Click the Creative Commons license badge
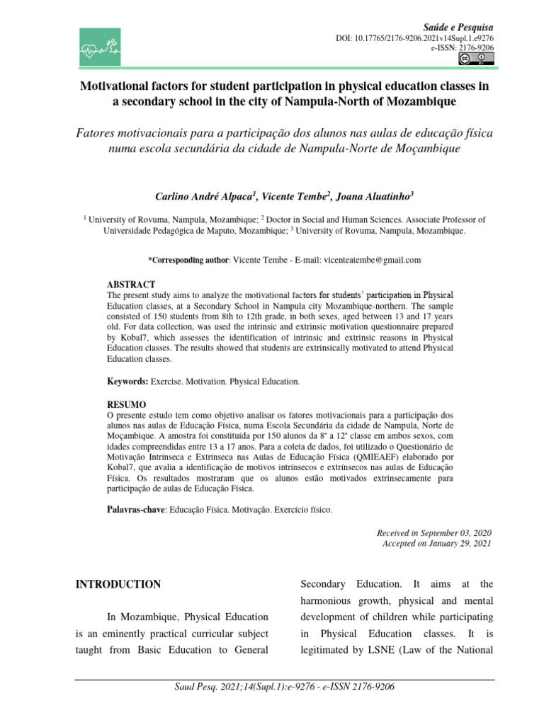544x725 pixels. tap(474, 59)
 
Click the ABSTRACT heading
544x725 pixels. tap(130, 284)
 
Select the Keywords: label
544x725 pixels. tap(127, 382)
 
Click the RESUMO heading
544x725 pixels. tap(126, 404)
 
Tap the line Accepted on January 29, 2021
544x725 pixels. tap(436, 543)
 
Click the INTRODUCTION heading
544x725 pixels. tap(118, 584)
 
